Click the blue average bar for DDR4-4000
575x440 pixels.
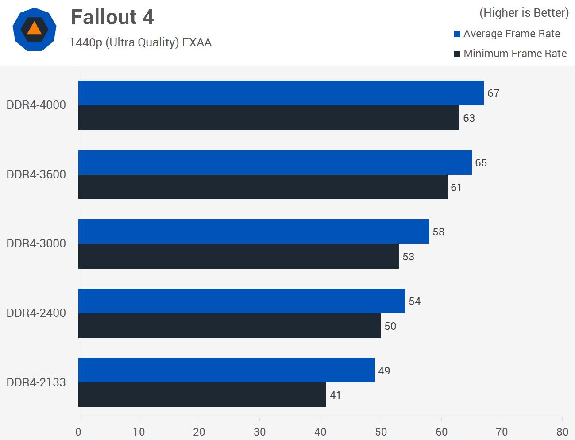[281, 93]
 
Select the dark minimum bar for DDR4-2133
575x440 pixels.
[202, 395]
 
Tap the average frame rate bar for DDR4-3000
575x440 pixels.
[254, 232]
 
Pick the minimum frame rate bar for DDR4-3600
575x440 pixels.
[262, 187]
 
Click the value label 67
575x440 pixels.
[493, 93]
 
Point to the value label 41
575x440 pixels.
[335, 395]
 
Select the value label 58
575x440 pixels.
[438, 232]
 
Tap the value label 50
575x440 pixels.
[390, 326]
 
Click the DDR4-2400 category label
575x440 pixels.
[36, 313]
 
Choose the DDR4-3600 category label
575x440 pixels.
[36, 174]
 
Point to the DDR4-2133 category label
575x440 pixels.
[36, 382]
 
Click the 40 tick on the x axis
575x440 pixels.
[320, 432]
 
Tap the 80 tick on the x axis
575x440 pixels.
[562, 432]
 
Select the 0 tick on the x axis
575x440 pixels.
[78, 432]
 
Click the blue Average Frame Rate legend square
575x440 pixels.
[457, 34]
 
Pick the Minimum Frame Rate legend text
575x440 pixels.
[515, 54]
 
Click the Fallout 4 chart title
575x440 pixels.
[112, 17]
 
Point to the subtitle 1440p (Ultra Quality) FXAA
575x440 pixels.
[140, 42]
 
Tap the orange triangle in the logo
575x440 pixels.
[34, 29]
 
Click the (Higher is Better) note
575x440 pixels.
[524, 13]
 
